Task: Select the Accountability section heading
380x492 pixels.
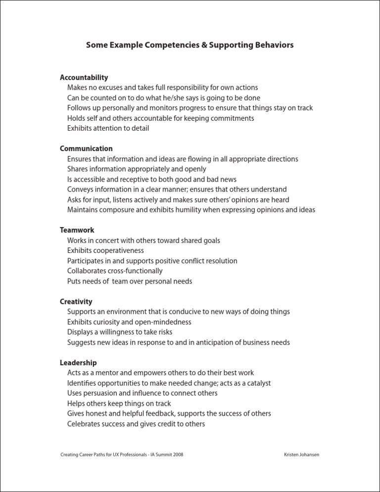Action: pyautogui.click(x=84, y=77)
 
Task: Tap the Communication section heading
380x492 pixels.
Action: pyautogui.click(x=86, y=148)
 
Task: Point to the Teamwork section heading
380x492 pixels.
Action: pyautogui.click(x=77, y=230)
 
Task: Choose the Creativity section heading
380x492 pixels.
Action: pyautogui.click(x=76, y=301)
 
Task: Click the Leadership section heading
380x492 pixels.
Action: pyautogui.click(x=78, y=363)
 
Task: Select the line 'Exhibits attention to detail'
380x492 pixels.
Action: pyautogui.click(x=108, y=128)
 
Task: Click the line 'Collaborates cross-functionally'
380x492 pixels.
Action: pyautogui.click(x=115, y=271)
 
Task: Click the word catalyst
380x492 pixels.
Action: pyautogui.click(x=256, y=383)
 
